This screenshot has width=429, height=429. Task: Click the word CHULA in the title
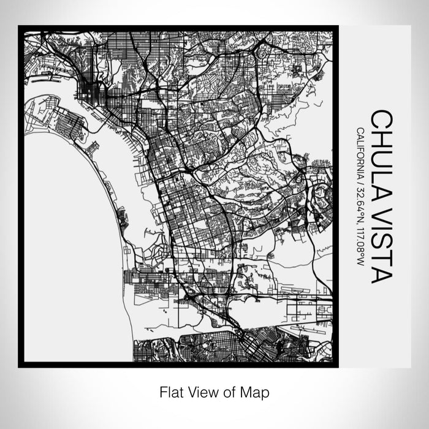point(381,148)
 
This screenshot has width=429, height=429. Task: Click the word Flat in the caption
point(170,390)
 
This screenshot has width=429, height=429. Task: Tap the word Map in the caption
point(257,390)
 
